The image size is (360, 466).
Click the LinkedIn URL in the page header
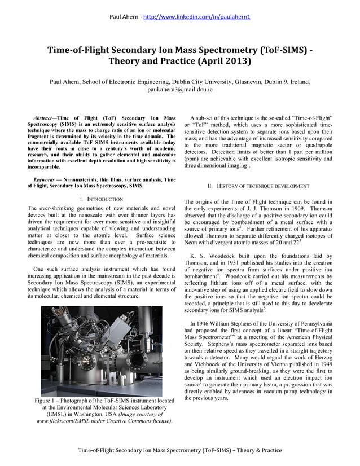(197, 16)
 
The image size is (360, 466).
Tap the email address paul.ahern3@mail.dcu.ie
(179, 90)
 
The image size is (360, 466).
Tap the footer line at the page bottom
(179, 450)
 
